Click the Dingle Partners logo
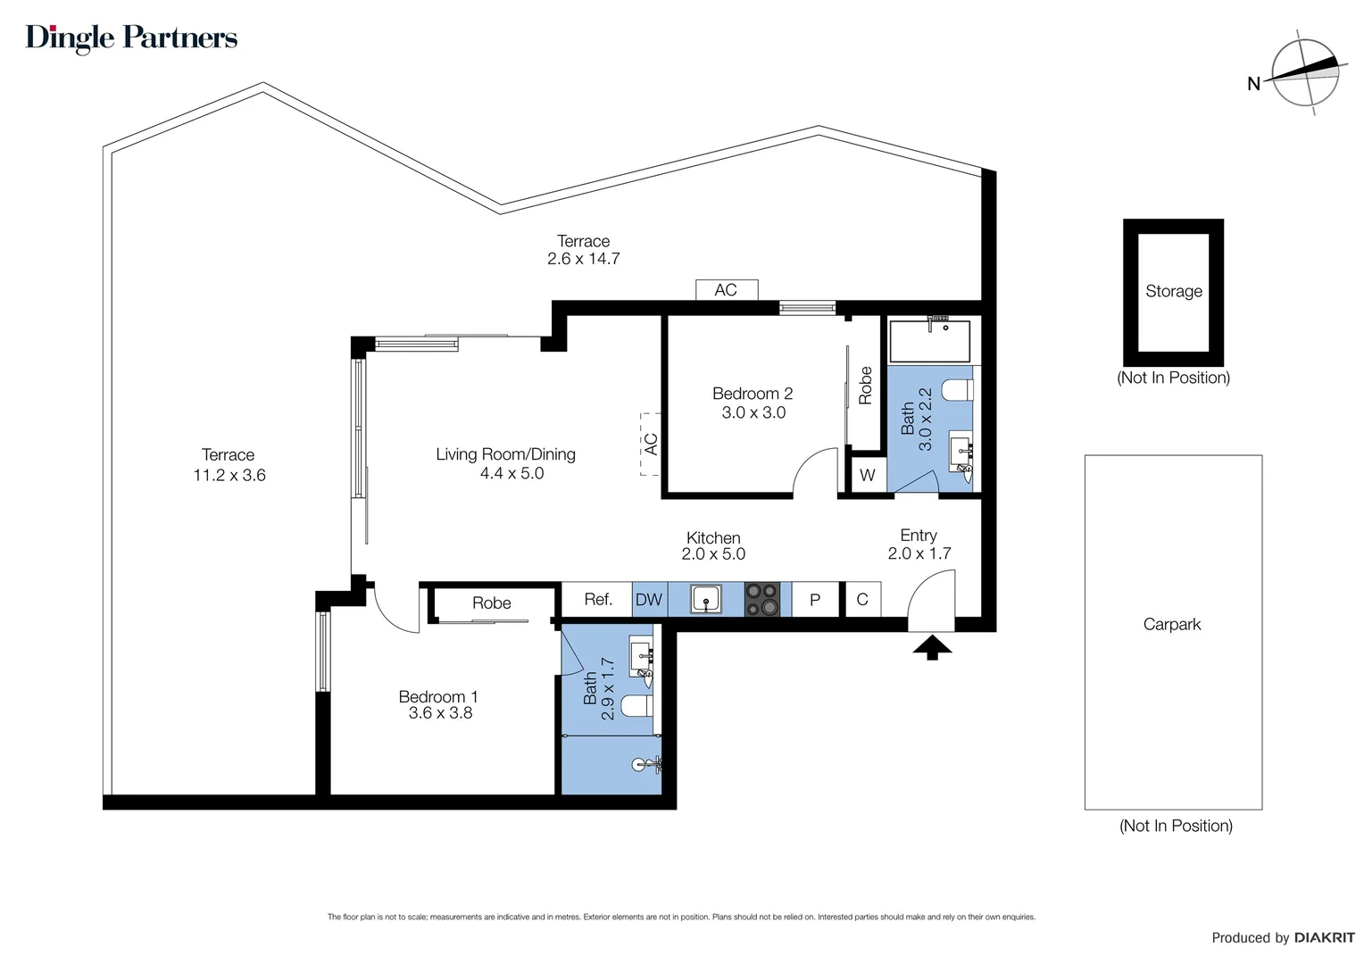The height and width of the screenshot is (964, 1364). pos(131,37)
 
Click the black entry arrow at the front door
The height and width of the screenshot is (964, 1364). pos(932,647)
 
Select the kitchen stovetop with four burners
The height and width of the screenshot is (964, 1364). pos(762,599)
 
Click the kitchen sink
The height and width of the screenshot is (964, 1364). pos(706,599)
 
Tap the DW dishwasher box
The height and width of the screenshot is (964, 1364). pos(649,600)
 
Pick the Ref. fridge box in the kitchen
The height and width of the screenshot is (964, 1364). pos(597,600)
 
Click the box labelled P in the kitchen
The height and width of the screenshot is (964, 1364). pos(815,600)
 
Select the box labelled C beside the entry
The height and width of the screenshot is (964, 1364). pos(862,600)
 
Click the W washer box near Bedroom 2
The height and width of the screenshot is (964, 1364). pos(867,475)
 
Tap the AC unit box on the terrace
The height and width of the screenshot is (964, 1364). pos(726,289)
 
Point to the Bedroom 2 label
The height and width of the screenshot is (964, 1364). pos(753,394)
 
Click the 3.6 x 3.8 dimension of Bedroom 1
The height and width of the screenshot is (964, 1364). pos(440,713)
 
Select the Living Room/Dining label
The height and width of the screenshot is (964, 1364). pos(505,454)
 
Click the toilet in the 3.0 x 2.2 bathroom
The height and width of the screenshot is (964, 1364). pos(958,390)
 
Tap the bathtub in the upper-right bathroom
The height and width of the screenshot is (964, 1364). pos(929,341)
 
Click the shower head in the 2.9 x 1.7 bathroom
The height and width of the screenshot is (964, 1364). pos(639,764)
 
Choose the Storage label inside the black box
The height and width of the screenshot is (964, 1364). pos(1174,291)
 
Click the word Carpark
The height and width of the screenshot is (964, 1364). pos(1172,625)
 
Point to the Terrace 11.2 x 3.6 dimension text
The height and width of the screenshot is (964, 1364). pos(229,476)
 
